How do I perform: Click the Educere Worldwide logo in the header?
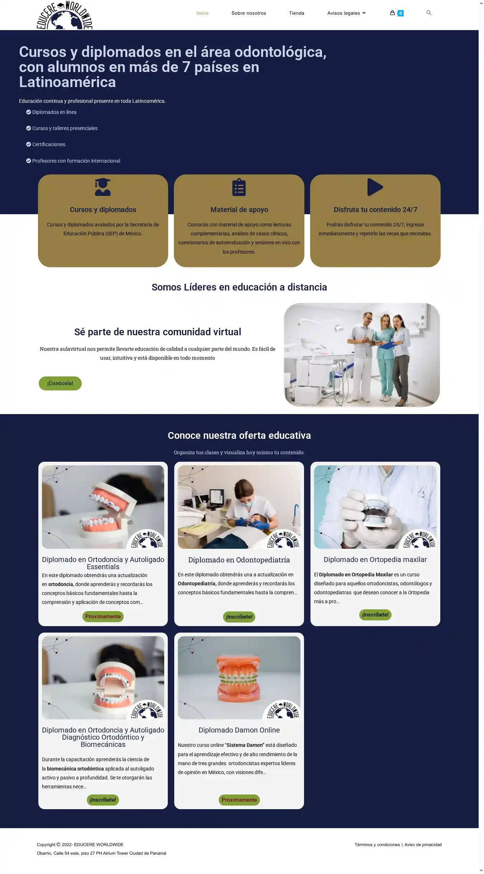pyautogui.click(x=65, y=16)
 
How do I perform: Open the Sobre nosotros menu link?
pyautogui.click(x=249, y=13)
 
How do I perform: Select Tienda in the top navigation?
pyautogui.click(x=296, y=13)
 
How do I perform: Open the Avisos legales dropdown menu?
pyautogui.click(x=346, y=13)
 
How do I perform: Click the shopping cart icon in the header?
pyautogui.click(x=392, y=13)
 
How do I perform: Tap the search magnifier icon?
pyautogui.click(x=429, y=13)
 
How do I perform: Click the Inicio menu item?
pyautogui.click(x=203, y=13)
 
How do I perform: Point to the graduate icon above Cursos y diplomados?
pyautogui.click(x=103, y=187)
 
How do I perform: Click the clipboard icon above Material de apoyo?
pyautogui.click(x=239, y=187)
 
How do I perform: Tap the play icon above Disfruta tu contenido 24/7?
pyautogui.click(x=375, y=187)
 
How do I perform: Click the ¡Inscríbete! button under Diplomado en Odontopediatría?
pyautogui.click(x=239, y=617)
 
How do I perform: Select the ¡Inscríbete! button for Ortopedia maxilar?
pyautogui.click(x=375, y=615)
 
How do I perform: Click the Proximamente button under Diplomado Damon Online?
pyautogui.click(x=239, y=800)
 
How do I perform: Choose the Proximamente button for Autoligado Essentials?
pyautogui.click(x=103, y=616)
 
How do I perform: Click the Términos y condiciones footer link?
pyautogui.click(x=377, y=845)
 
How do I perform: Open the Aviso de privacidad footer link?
pyautogui.click(x=423, y=845)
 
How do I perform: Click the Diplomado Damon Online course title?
pyautogui.click(x=239, y=730)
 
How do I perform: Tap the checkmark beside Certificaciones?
pyautogui.click(x=29, y=144)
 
